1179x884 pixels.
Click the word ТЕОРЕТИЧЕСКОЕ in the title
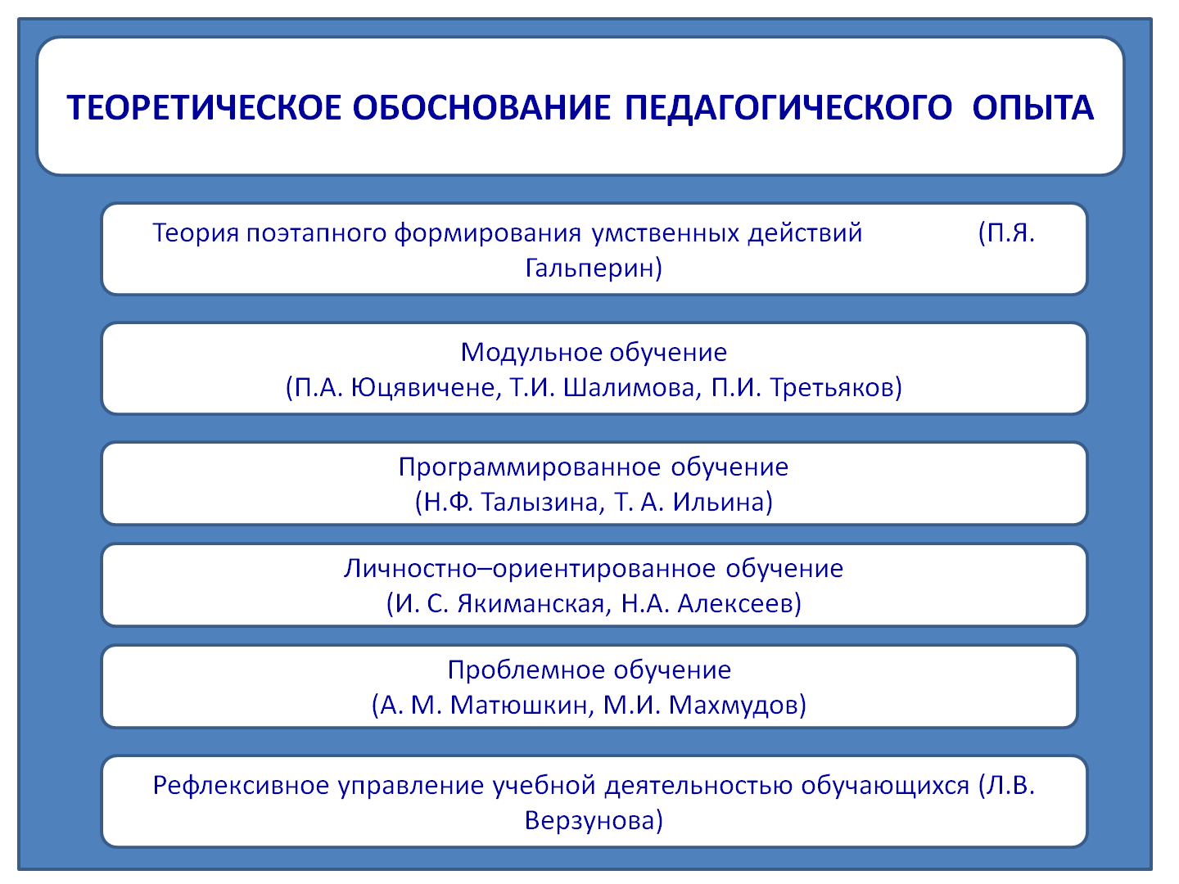click(204, 107)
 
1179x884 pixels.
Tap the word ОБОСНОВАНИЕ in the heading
click(481, 107)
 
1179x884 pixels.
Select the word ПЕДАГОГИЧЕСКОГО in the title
click(788, 108)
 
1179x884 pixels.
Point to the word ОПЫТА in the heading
click(1032, 107)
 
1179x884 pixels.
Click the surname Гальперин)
click(594, 268)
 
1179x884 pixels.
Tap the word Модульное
click(531, 353)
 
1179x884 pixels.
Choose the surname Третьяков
click(830, 387)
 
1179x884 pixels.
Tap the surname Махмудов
click(732, 706)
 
